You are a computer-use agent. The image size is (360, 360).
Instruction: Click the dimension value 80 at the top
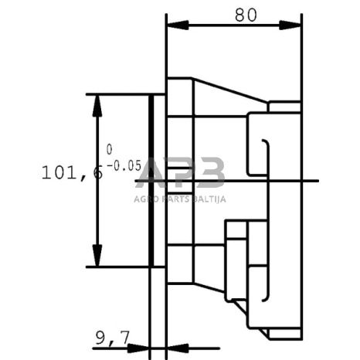click(246, 15)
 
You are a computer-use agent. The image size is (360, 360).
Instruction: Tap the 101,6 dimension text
click(73, 172)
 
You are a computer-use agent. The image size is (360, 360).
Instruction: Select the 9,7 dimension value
click(112, 338)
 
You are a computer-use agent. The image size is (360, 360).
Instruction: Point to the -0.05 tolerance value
click(124, 165)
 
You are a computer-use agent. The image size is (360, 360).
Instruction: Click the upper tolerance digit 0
click(109, 149)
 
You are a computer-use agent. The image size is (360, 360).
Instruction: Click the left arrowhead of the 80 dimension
click(178, 25)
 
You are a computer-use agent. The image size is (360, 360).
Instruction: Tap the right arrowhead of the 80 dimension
click(290, 25)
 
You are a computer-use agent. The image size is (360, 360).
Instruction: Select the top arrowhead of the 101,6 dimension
click(97, 106)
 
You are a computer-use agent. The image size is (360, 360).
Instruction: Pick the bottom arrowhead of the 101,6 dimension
click(97, 255)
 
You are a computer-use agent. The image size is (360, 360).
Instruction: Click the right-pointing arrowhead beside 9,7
click(138, 348)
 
